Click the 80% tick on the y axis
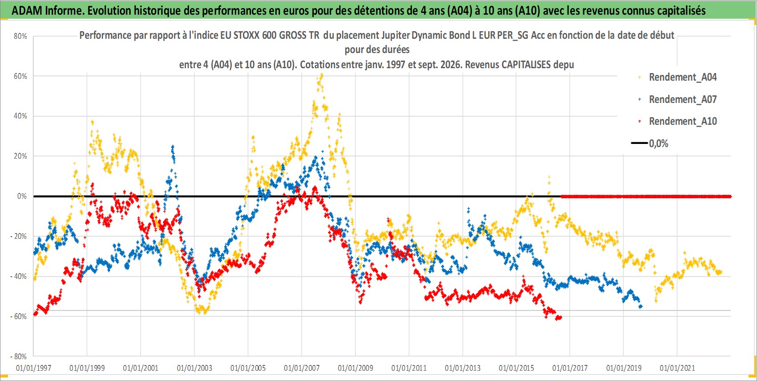20,37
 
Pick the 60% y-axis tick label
20,76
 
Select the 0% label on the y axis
22,196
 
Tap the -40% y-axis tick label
18,276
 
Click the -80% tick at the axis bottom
18,356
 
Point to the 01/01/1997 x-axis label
33,368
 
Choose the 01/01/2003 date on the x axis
194,368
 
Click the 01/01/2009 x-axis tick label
355,368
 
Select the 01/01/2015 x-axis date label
516,368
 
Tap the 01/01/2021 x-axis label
677,368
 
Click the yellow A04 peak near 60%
321,76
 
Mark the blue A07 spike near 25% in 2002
173,150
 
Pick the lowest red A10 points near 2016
558,318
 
